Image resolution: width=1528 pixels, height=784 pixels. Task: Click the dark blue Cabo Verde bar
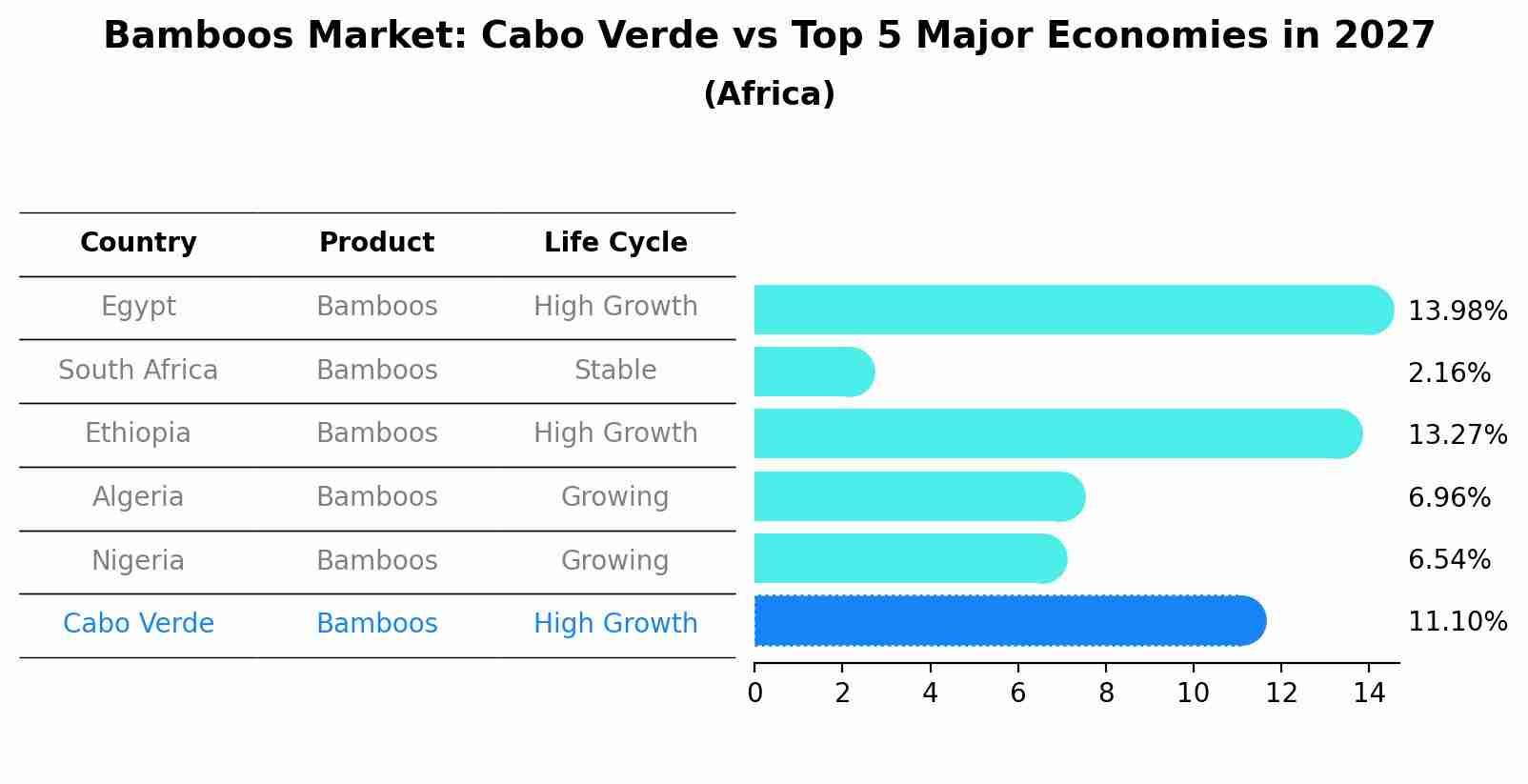1010,621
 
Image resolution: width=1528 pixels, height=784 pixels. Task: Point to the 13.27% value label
1457,435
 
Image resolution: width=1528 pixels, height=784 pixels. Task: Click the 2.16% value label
1449,373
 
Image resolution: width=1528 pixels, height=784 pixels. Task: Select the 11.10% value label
1457,622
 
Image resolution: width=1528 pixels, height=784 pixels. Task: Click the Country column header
138,243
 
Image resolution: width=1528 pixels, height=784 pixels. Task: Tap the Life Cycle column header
615,243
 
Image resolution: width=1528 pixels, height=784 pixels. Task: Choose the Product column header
376,243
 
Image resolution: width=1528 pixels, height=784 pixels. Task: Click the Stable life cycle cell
615,371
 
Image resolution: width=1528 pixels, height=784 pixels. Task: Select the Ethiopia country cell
138,433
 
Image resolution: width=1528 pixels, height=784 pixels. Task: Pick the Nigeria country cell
138,561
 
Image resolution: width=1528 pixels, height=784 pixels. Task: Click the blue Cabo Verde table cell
138,624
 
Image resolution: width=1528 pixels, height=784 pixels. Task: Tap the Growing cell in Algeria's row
615,497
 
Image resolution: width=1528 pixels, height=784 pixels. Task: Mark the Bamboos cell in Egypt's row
376,307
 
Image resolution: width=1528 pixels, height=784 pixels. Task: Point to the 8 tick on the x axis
1106,694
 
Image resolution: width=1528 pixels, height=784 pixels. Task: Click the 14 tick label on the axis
1369,694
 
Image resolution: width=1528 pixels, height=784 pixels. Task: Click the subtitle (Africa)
769,94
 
